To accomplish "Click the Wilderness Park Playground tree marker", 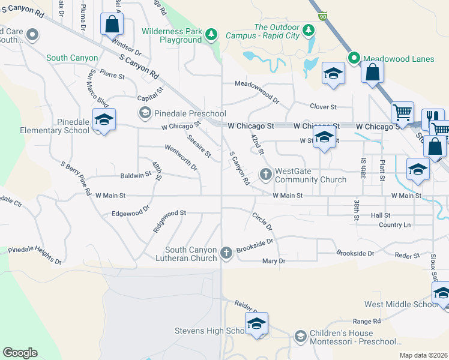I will pyautogui.click(x=211, y=35).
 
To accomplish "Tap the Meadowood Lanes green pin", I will pyautogui.click(x=354, y=58).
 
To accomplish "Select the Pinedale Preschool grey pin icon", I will pyautogui.click(x=145, y=113).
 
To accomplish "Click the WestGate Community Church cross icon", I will pyautogui.click(x=266, y=175).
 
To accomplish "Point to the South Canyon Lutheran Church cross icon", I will pyautogui.click(x=226, y=253).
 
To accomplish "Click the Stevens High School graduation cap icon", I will pyautogui.click(x=256, y=323).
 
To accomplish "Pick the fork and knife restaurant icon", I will pyautogui.click(x=432, y=118).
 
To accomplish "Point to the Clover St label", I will pyautogui.click(x=323, y=107).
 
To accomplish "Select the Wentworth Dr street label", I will pyautogui.click(x=181, y=157).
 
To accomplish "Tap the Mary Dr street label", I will pyautogui.click(x=274, y=261).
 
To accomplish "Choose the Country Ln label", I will pyautogui.click(x=395, y=225).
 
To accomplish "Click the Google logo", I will pyautogui.click(x=20, y=353).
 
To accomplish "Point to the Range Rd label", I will pyautogui.click(x=367, y=322).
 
